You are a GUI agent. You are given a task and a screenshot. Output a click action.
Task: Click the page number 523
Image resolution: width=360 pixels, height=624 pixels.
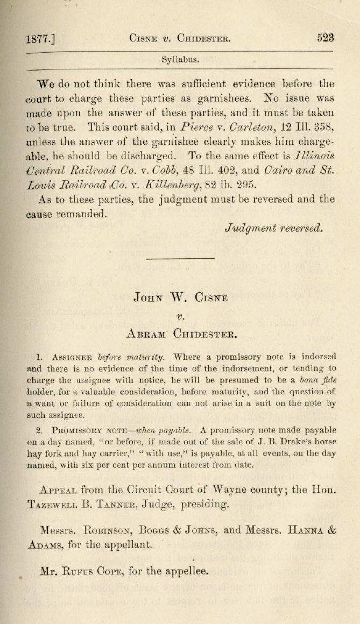(x=326, y=38)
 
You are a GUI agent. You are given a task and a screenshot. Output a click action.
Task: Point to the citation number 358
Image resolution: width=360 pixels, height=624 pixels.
(x=322, y=127)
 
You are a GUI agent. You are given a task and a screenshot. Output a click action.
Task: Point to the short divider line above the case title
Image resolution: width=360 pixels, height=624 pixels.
(x=180, y=259)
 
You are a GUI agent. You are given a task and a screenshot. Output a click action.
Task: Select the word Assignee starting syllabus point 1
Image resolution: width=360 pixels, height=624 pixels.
(x=72, y=357)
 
